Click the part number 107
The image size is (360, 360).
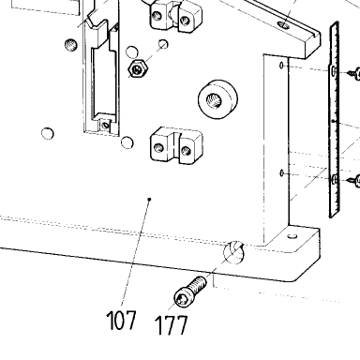(x=122, y=320)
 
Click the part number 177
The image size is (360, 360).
(x=172, y=325)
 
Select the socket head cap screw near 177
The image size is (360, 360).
(x=189, y=292)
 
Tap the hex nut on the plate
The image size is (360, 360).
(x=138, y=68)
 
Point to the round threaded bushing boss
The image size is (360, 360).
(x=217, y=99)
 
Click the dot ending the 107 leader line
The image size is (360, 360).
(x=150, y=199)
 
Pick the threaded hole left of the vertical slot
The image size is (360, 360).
(x=71, y=45)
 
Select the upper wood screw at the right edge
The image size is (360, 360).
(x=353, y=73)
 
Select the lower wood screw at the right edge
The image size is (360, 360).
(x=353, y=181)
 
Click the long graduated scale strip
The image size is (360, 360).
(x=335, y=120)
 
